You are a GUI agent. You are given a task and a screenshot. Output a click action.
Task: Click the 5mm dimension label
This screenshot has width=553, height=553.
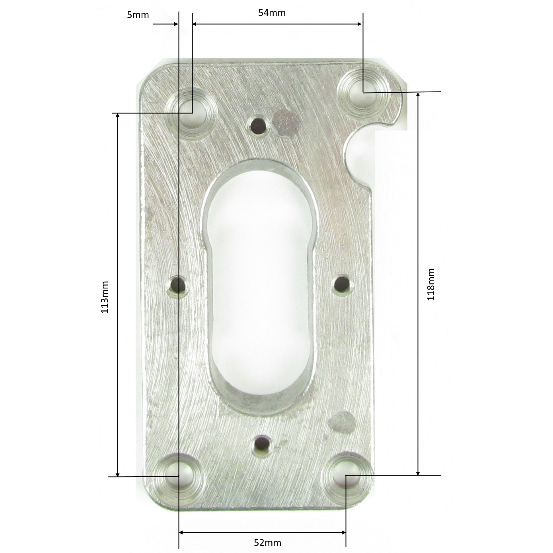pos(138,15)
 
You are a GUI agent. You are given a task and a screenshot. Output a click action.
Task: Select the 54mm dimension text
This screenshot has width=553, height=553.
pos(272,13)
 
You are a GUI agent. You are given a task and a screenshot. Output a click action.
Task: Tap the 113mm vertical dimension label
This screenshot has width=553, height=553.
pos(105,297)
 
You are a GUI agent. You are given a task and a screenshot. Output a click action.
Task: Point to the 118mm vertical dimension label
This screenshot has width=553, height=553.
pos(431,284)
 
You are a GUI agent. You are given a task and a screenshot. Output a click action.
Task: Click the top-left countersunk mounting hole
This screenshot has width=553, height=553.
pos(192,114)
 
